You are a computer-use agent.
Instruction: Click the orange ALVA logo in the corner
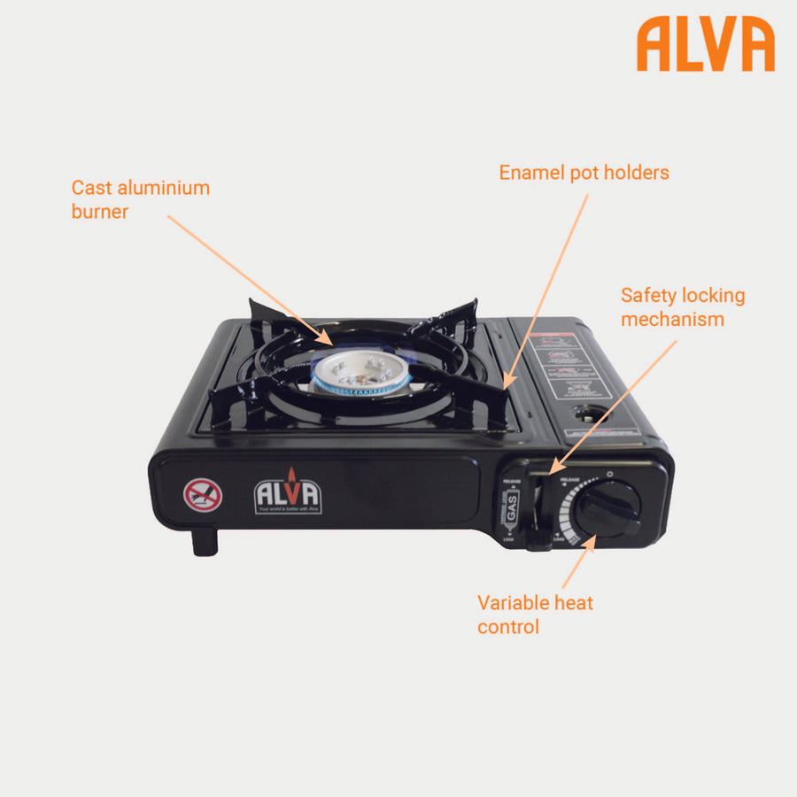[x=705, y=44]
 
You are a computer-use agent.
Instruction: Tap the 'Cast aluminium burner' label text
[x=140, y=199]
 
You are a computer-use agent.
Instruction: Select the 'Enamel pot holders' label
[x=584, y=172]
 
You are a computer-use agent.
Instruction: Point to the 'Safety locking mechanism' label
[x=682, y=306]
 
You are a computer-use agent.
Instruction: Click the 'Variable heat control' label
[x=535, y=615]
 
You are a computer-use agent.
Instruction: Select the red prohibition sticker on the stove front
[x=202, y=495]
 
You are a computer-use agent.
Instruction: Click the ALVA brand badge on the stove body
[x=288, y=494]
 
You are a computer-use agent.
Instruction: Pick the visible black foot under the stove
[x=205, y=541]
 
